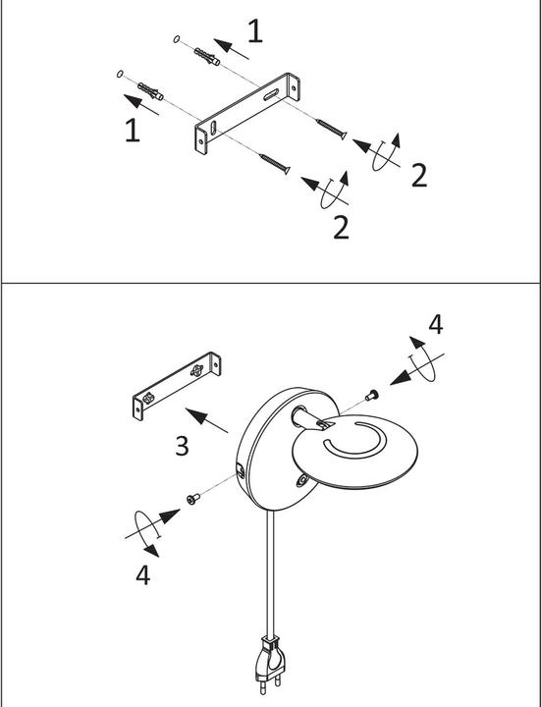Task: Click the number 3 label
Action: pyautogui.click(x=182, y=446)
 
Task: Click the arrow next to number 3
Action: pyautogui.click(x=207, y=419)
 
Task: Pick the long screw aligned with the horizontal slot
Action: pyautogui.click(x=330, y=129)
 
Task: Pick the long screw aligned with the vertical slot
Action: pyautogui.click(x=274, y=163)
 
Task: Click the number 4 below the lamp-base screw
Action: pyautogui.click(x=143, y=574)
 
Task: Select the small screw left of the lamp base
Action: pyautogui.click(x=194, y=499)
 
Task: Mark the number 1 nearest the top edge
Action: pyautogui.click(x=255, y=31)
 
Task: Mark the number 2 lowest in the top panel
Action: pyautogui.click(x=341, y=227)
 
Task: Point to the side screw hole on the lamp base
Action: pyautogui.click(x=242, y=474)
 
